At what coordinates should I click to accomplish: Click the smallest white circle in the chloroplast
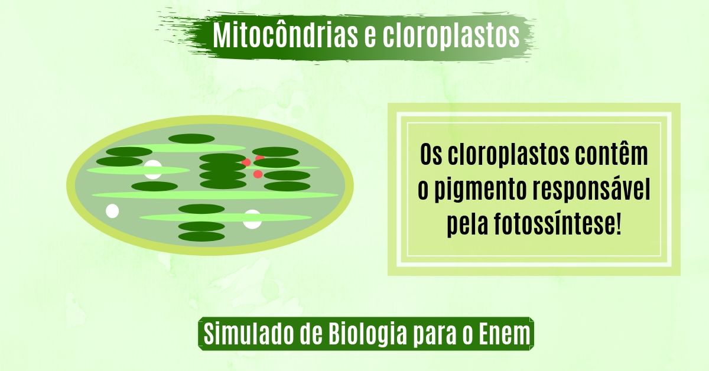[x=112, y=211]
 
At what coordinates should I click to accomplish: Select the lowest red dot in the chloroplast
[x=258, y=174]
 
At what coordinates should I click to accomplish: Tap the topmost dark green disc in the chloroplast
[x=191, y=139]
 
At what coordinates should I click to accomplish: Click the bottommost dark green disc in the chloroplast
[x=201, y=236]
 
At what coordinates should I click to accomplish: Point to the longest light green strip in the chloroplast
[x=215, y=195]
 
